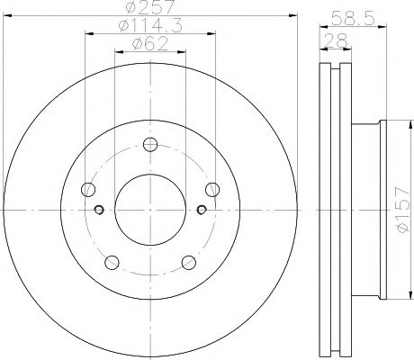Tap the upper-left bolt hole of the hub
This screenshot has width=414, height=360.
click(88, 189)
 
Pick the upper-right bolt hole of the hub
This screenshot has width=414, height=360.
click(212, 188)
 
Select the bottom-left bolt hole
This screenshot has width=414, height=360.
click(112, 262)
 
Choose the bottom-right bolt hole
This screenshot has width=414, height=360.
click(189, 262)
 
